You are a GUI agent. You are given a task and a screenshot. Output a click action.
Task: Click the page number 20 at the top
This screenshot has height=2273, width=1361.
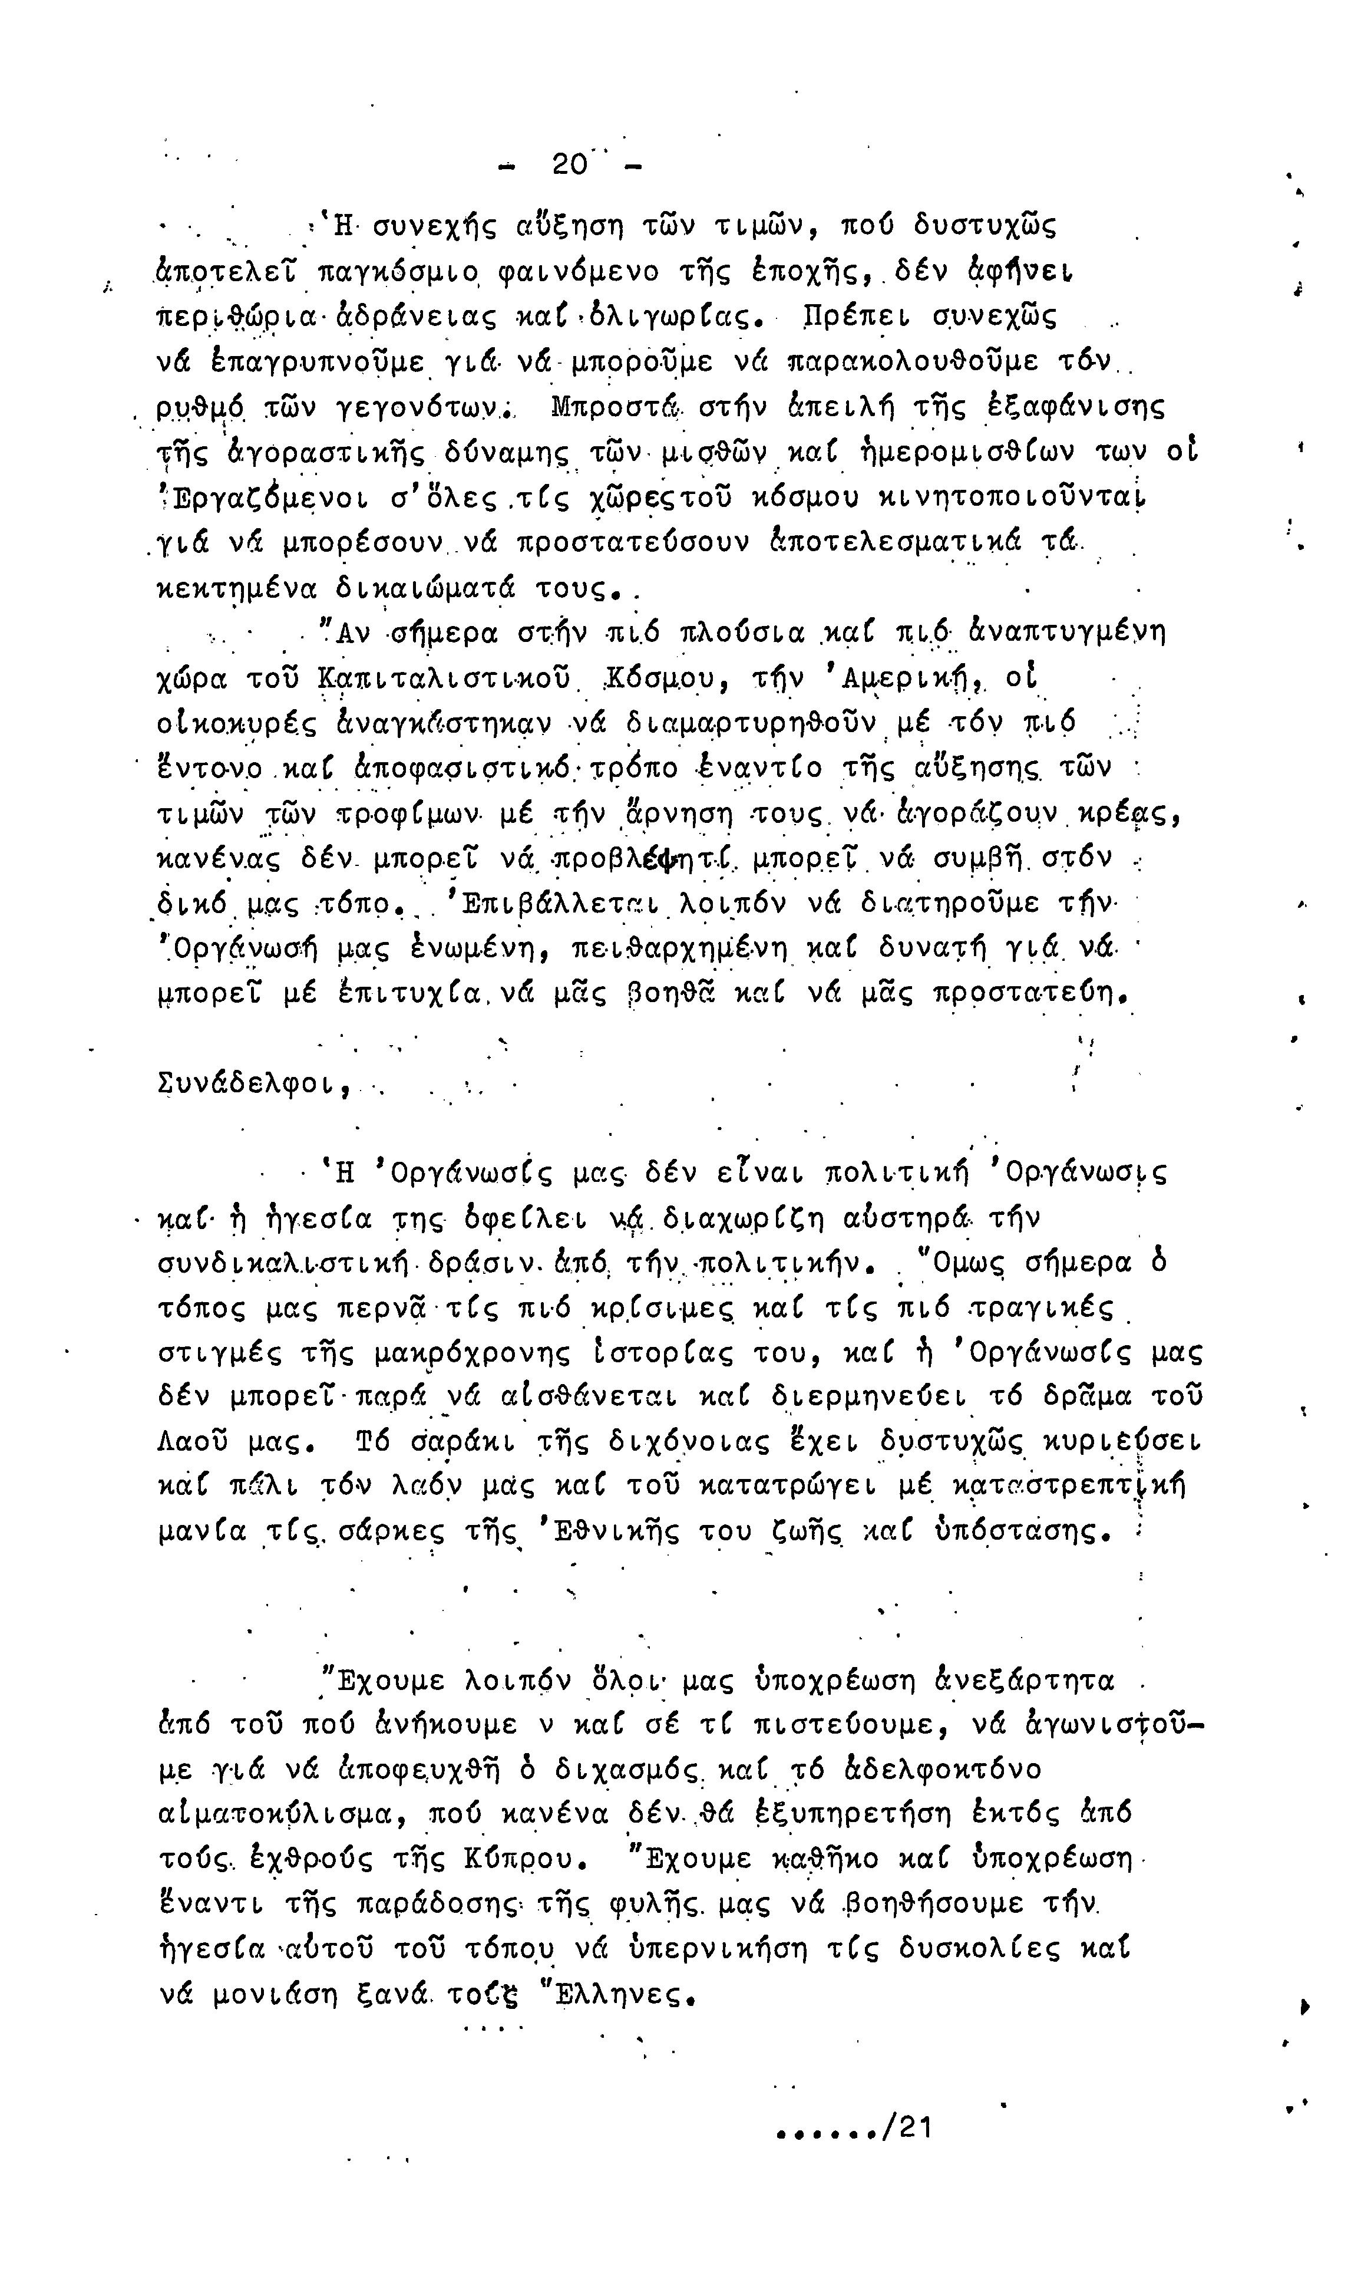[569, 164]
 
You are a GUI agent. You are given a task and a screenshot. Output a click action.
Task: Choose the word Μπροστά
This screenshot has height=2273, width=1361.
[615, 406]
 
